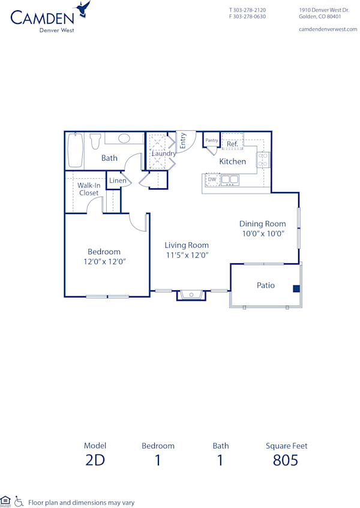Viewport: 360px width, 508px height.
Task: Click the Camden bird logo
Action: pyautogui.click(x=83, y=9)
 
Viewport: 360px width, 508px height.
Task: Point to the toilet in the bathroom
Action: pyautogui.click(x=95, y=142)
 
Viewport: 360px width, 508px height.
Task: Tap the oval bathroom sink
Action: pyautogui.click(x=124, y=139)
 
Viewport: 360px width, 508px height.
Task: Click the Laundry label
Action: pyautogui.click(x=164, y=154)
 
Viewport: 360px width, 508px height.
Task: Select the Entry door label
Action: pyautogui.click(x=184, y=141)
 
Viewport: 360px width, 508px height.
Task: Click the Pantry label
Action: pyautogui.click(x=212, y=140)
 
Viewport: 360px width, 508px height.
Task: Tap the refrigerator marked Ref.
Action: pyautogui.click(x=232, y=144)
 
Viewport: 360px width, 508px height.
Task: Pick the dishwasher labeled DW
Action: pyautogui.click(x=212, y=179)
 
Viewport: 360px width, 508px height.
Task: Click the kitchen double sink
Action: pyautogui.click(x=230, y=179)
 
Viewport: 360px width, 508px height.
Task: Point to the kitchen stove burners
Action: pyautogui.click(x=262, y=159)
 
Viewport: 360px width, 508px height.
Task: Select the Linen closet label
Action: pyautogui.click(x=118, y=181)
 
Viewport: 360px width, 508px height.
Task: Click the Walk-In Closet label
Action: pyautogui.click(x=89, y=190)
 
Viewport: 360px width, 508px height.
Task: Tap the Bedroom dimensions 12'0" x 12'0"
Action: pyautogui.click(x=104, y=261)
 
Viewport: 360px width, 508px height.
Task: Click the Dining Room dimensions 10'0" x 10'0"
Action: pyautogui.click(x=263, y=233)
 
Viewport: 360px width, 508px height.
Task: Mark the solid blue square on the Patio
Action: pyautogui.click(x=296, y=288)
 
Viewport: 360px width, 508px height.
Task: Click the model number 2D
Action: pyautogui.click(x=95, y=461)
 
